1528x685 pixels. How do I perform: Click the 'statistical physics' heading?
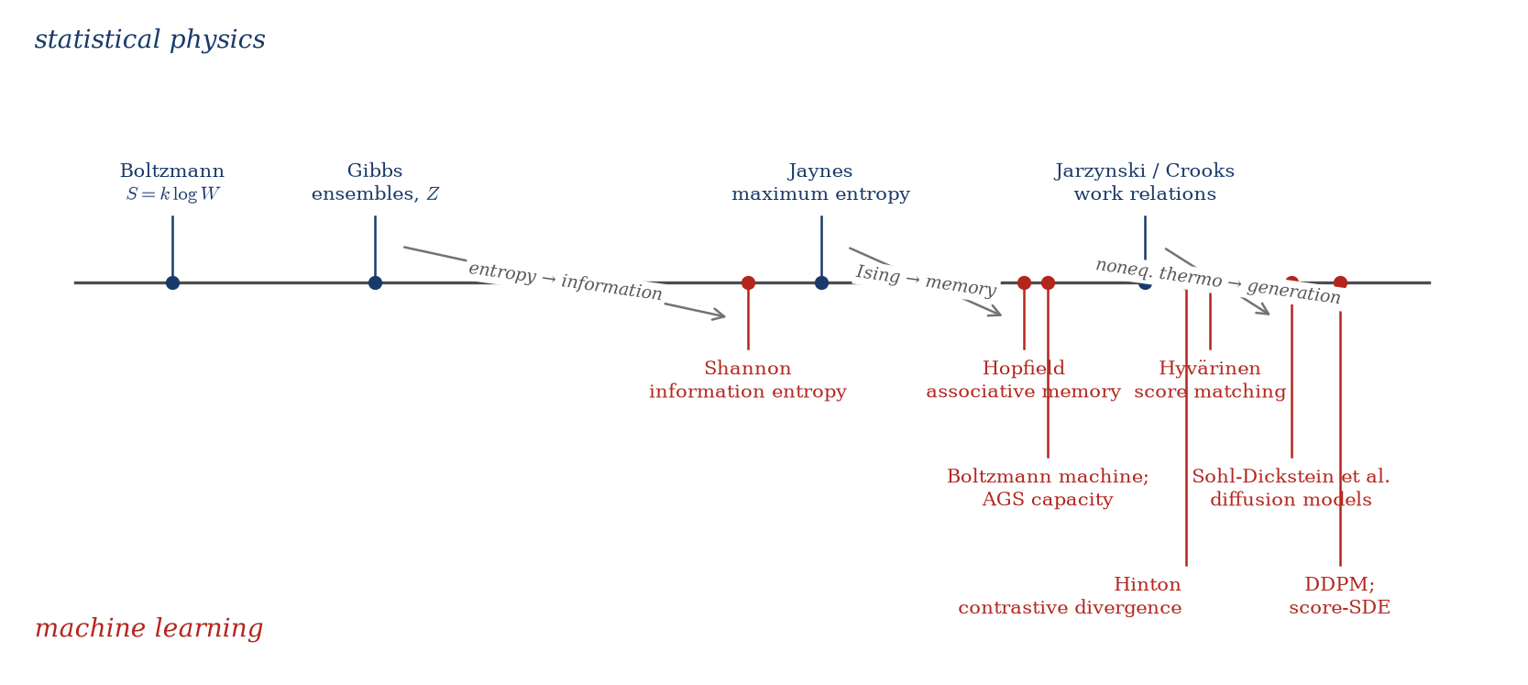150,39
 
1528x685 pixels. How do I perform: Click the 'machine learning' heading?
148,628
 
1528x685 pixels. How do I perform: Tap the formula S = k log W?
172,194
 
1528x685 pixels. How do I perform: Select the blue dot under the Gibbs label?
375,282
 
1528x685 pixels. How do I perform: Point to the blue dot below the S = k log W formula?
172,282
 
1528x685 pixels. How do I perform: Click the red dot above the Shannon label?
748,282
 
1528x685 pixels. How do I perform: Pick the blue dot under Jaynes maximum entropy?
821,282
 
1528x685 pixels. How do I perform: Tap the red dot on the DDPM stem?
1340,282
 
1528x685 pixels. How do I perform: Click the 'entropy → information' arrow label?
566,282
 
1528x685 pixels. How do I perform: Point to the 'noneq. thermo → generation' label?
1218,282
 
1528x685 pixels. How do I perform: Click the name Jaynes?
820,171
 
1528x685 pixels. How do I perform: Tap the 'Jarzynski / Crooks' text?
1145,171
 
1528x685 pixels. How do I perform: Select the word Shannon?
748,369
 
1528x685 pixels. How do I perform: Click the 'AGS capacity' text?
1048,500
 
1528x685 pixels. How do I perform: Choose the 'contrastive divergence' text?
1070,607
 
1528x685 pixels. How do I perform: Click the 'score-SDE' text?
1340,607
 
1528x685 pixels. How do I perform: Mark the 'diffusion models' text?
1291,500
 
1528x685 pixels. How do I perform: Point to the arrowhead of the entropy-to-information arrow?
723,316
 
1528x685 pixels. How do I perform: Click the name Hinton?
1148,585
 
